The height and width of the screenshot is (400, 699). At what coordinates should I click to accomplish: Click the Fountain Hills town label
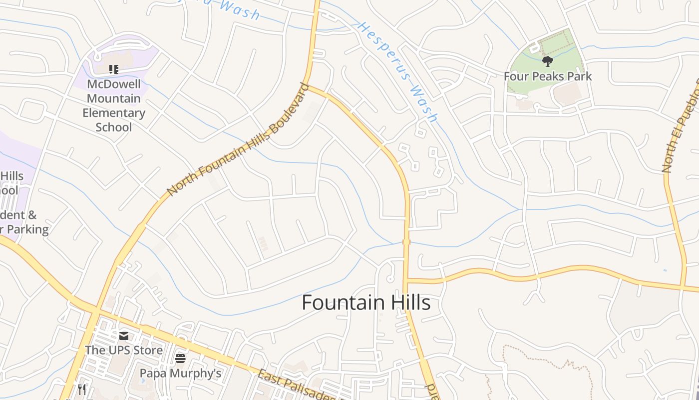click(x=366, y=303)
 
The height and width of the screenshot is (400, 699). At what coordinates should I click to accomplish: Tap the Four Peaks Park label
click(x=548, y=76)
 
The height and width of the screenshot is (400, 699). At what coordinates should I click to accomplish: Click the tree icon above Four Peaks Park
click(x=548, y=61)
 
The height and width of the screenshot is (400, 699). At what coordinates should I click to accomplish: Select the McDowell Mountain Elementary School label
click(x=114, y=105)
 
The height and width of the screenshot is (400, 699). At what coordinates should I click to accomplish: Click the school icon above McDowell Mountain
click(x=114, y=69)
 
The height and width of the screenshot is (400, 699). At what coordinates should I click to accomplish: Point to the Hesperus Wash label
click(x=397, y=71)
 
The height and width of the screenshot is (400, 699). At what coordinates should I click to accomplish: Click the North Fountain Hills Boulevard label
click(x=237, y=139)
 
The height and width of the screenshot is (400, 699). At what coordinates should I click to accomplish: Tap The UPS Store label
click(x=124, y=350)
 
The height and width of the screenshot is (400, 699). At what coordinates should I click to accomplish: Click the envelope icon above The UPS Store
click(x=124, y=336)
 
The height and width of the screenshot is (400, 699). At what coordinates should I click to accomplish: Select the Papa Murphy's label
click(x=180, y=373)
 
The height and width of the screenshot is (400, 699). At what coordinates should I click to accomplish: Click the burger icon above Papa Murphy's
click(x=180, y=358)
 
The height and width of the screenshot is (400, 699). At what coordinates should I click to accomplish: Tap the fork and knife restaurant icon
click(x=82, y=389)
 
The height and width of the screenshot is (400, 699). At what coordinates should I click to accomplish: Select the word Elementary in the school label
click(x=114, y=113)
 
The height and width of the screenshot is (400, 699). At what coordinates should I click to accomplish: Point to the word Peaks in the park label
click(x=547, y=76)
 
